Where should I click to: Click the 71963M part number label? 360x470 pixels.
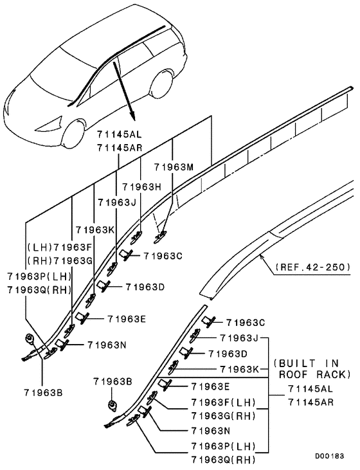click(174, 167)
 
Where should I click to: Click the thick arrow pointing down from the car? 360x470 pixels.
click(125, 90)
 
